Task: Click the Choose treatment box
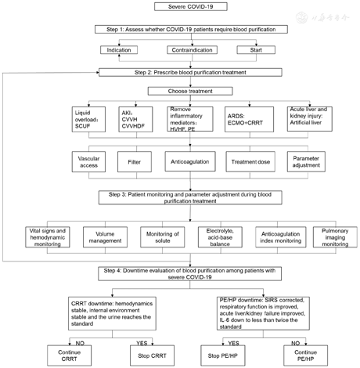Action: pyautogui.click(x=179, y=91)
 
